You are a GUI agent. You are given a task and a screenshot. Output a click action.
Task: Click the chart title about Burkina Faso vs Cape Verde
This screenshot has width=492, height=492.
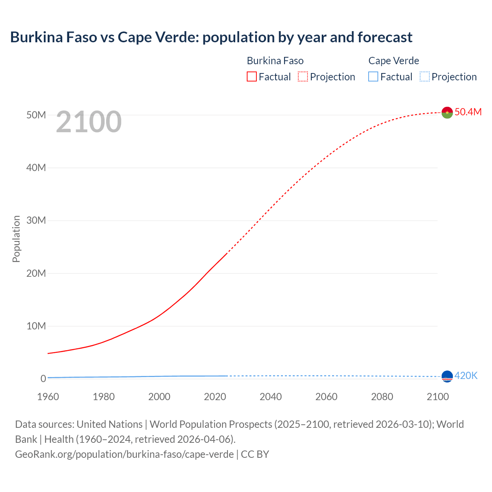[211, 37]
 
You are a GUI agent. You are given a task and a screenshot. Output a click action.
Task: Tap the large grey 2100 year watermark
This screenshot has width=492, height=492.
[89, 122]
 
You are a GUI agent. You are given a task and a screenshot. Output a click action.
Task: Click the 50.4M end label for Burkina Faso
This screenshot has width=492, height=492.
[468, 112]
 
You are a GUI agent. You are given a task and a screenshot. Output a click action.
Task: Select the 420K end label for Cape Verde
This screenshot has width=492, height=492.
[466, 376]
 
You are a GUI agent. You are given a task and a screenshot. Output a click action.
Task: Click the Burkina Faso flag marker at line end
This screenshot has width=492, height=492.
[447, 113]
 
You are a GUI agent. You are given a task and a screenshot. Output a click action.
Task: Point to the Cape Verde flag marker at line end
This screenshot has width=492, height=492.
[447, 376]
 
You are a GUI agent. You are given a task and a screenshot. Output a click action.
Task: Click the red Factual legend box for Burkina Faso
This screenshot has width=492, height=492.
[252, 76]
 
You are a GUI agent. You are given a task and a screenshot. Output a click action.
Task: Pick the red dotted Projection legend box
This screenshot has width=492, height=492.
[303, 76]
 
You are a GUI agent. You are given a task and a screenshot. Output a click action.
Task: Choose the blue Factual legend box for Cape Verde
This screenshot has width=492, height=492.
[373, 76]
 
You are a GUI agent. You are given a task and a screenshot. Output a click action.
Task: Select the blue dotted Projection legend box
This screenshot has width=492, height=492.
[425, 76]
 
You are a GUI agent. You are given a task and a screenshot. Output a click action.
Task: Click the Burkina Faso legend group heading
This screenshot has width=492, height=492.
[275, 61]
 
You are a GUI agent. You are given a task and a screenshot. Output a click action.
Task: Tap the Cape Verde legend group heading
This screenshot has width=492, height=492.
[394, 61]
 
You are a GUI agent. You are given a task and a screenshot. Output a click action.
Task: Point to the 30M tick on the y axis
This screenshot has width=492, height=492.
[36, 220]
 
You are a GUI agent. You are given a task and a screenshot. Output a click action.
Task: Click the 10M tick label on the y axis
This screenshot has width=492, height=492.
[36, 326]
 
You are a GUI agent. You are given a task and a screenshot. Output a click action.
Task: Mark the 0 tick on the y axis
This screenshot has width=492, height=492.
[43, 379]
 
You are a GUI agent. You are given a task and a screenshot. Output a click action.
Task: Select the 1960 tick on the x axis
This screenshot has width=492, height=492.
[48, 397]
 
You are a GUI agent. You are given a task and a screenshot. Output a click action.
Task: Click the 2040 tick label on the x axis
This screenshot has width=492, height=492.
[271, 397]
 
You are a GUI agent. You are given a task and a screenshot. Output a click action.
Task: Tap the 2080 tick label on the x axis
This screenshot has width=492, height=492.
[382, 397]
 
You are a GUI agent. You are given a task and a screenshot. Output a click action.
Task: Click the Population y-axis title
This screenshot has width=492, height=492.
[16, 239]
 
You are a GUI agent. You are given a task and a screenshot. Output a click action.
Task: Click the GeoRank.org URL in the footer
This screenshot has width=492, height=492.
[124, 454]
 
